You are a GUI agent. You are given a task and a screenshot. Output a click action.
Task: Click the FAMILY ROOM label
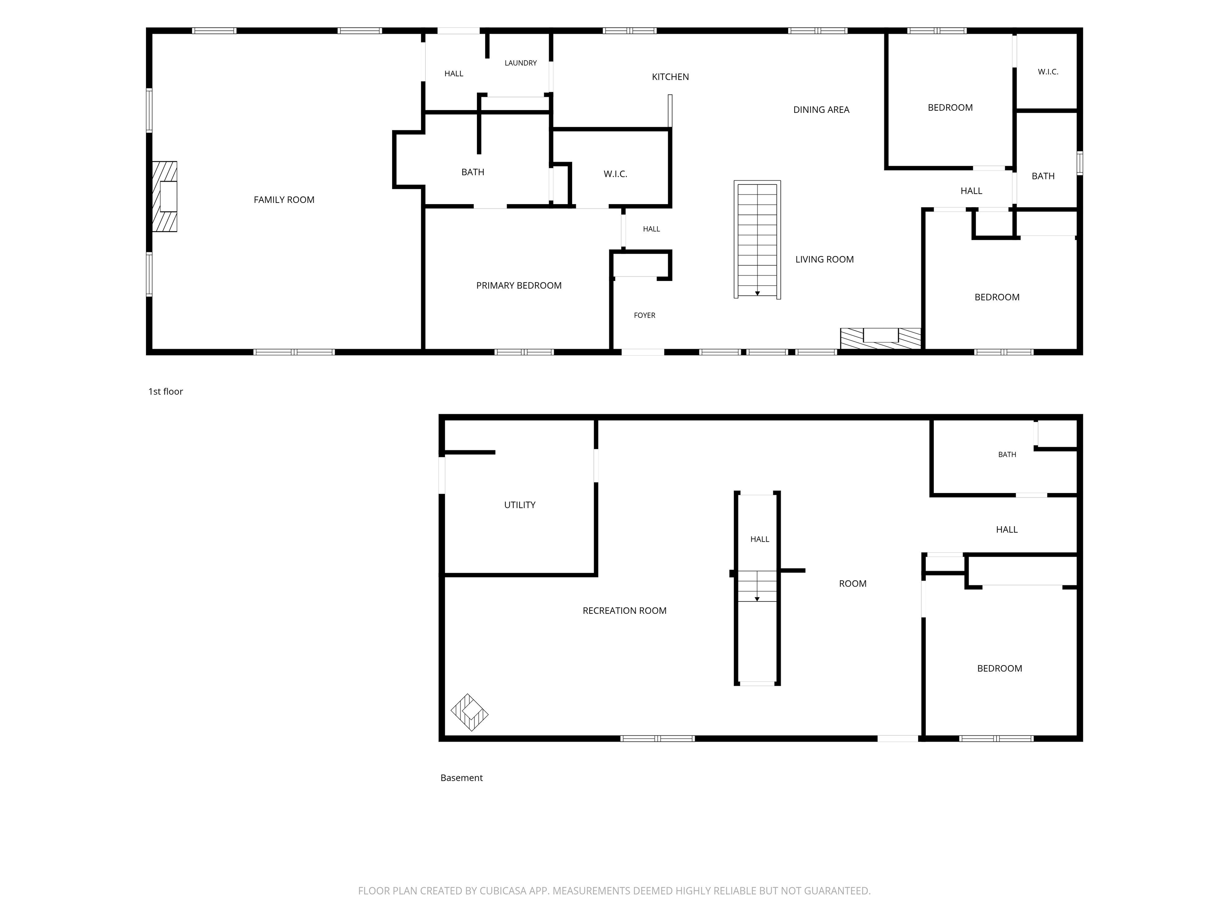(284, 200)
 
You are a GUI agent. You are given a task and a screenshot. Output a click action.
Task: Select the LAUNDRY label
(520, 63)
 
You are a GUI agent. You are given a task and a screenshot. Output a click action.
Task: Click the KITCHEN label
(670, 77)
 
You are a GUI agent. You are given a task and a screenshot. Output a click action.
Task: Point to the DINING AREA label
(821, 110)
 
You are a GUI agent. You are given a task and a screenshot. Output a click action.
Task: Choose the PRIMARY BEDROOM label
(519, 286)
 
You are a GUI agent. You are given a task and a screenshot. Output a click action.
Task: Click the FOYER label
(645, 315)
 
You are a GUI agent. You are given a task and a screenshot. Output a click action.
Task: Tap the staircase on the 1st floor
(757, 240)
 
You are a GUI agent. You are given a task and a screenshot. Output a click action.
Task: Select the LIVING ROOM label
(825, 259)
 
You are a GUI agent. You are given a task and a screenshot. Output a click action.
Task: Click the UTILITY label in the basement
(520, 505)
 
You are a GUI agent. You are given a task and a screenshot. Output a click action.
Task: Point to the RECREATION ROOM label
(625, 610)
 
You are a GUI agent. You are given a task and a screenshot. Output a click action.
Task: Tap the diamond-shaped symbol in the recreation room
(470, 712)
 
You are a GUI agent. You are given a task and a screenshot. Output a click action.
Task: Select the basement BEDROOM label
(999, 668)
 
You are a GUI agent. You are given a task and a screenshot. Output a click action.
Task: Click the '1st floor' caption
(166, 391)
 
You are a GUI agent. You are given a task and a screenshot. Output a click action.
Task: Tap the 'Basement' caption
(462, 778)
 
